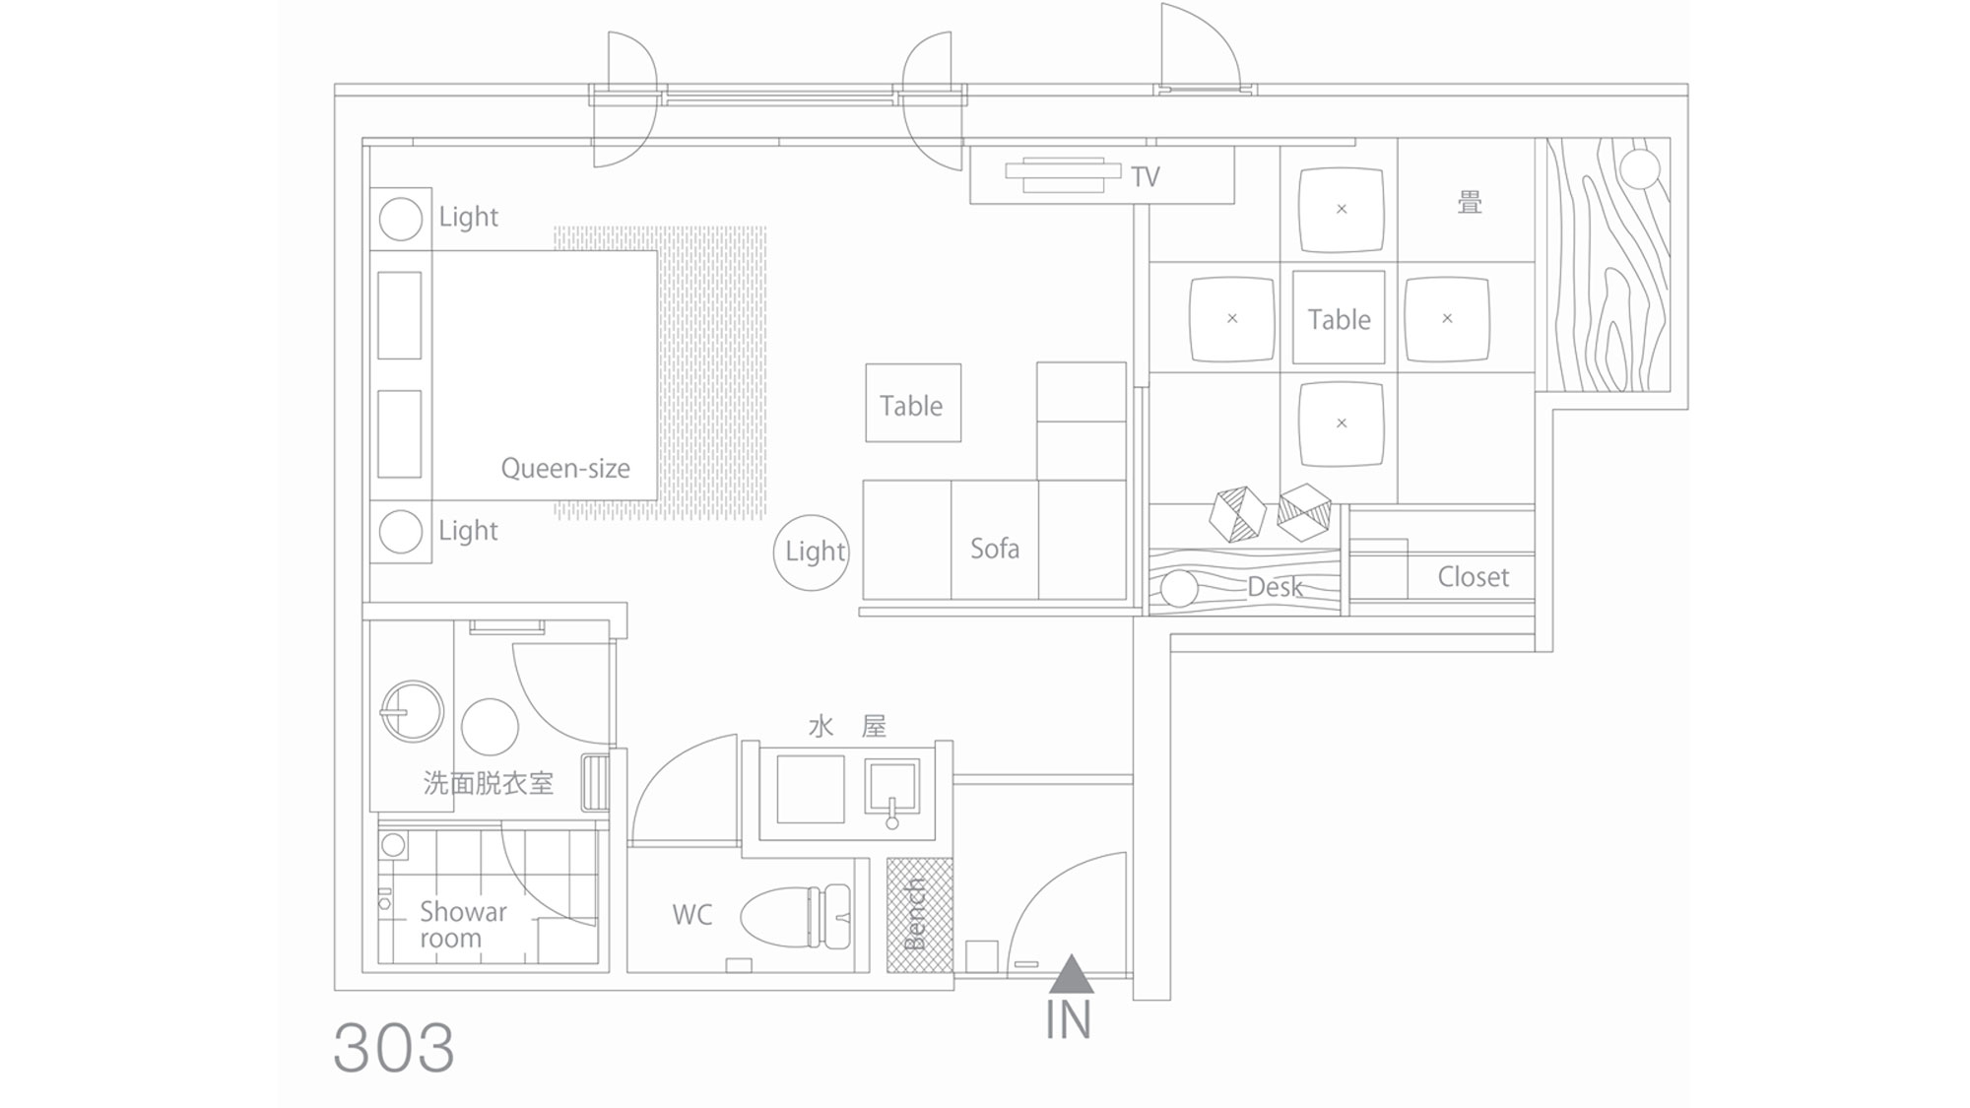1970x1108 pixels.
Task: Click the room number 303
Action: (394, 1047)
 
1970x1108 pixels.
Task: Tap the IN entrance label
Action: (1069, 1020)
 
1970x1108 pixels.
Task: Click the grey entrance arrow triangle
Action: (1072, 974)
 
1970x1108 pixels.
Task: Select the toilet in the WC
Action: (795, 916)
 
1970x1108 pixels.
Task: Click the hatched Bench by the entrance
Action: (919, 915)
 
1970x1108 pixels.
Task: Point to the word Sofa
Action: (995, 549)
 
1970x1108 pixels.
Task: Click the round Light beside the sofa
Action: (812, 553)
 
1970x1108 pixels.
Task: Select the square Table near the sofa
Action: (913, 403)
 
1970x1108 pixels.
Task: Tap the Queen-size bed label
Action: (565, 468)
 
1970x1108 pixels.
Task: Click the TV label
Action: (1146, 177)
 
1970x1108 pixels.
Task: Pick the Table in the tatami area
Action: (1339, 317)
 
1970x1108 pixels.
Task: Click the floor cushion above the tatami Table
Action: (1342, 210)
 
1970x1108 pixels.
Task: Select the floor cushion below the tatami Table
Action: (1342, 424)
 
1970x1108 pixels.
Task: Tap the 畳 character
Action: (1470, 203)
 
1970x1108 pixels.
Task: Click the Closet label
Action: (1473, 577)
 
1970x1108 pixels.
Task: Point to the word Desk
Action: (1275, 587)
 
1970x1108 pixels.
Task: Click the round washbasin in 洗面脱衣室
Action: (412, 711)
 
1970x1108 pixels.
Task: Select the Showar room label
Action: (463, 925)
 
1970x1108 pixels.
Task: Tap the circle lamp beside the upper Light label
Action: (401, 219)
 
